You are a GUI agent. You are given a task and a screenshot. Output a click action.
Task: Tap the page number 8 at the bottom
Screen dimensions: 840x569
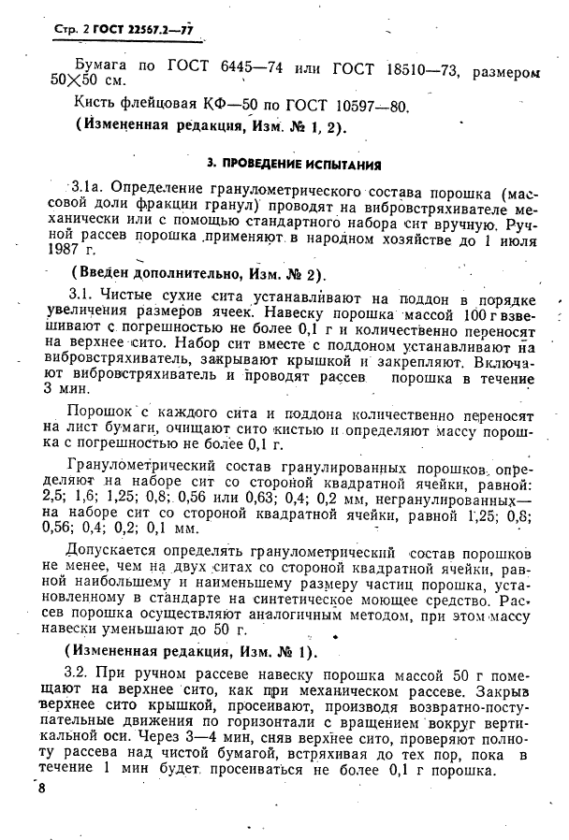(x=42, y=790)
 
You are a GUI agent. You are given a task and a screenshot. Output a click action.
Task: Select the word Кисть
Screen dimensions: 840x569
(x=96, y=107)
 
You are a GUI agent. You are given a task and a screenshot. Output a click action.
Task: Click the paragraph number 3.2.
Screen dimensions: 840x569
(x=77, y=674)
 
